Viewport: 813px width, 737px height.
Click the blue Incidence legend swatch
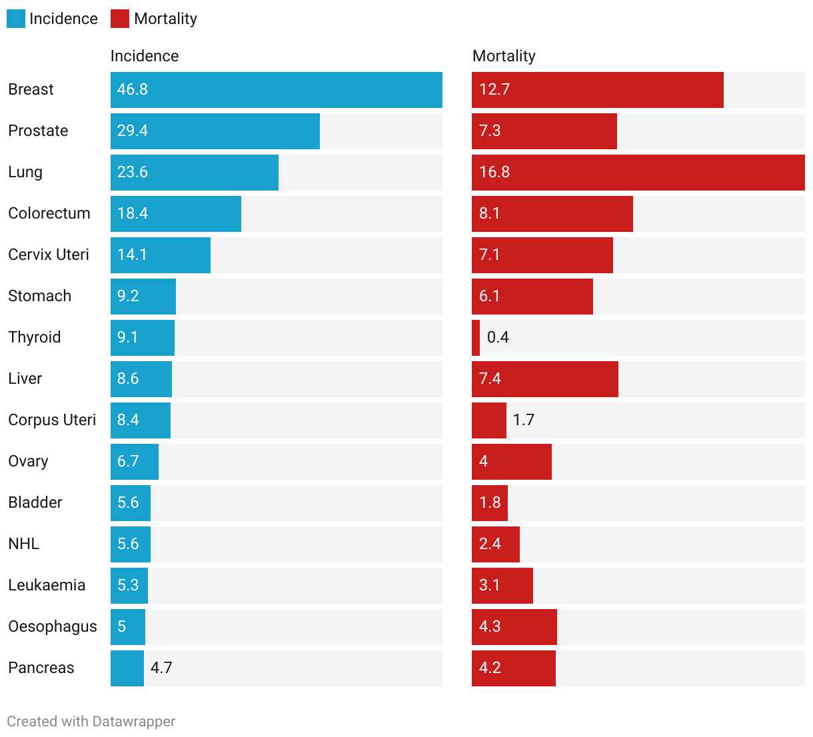pyautogui.click(x=16, y=19)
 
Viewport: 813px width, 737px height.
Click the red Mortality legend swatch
pyautogui.click(x=120, y=19)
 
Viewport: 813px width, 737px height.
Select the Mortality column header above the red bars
pyautogui.click(x=504, y=56)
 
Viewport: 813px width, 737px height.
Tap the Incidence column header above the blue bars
pyautogui.click(x=145, y=56)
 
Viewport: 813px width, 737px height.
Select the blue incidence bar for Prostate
pyautogui.click(x=215, y=131)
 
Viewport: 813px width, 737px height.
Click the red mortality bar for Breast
pyautogui.click(x=597, y=90)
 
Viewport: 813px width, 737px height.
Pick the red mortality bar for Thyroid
pyautogui.click(x=476, y=338)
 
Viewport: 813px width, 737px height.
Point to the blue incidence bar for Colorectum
pyautogui.click(x=176, y=214)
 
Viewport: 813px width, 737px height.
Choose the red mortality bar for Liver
pyautogui.click(x=544, y=379)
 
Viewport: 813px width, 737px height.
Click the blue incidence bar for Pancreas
pyautogui.click(x=127, y=668)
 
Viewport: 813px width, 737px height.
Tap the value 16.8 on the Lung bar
pyautogui.click(x=494, y=172)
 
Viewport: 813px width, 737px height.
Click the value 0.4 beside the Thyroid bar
pyautogui.click(x=498, y=337)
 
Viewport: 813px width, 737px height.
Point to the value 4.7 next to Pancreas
pyautogui.click(x=161, y=668)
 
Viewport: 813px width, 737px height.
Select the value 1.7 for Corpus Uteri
pyautogui.click(x=524, y=420)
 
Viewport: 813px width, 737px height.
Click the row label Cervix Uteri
pyautogui.click(x=49, y=255)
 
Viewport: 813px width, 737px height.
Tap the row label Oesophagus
pyautogui.click(x=53, y=626)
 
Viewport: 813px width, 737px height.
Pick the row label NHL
pyautogui.click(x=24, y=544)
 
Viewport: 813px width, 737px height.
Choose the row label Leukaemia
pyautogui.click(x=47, y=585)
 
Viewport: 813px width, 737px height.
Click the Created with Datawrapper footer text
pyautogui.click(x=91, y=722)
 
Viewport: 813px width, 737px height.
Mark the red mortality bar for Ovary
pyautogui.click(x=512, y=462)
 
